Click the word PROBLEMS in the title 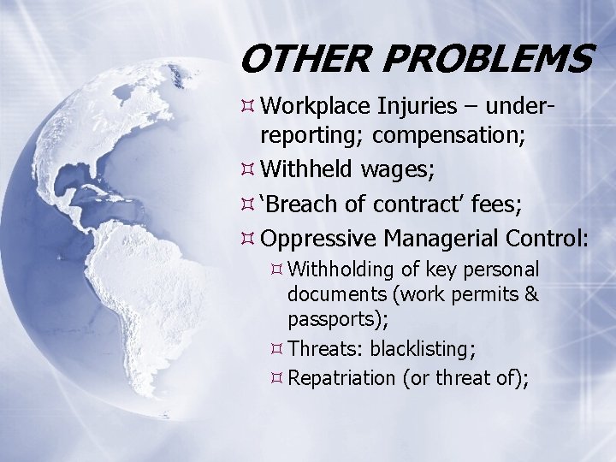(x=488, y=60)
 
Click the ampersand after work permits (x=530, y=296)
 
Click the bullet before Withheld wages (x=247, y=170)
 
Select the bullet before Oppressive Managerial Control (x=247, y=236)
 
